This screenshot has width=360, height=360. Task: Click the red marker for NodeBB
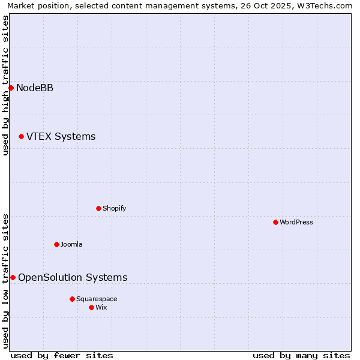[11, 88]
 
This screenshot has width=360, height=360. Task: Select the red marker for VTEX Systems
[21, 136]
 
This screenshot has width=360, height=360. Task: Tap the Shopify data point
[98, 208]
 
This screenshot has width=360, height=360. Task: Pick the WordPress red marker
[275, 222]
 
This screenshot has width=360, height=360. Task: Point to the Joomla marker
[56, 244]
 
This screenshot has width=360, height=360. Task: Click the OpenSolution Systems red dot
[13, 277]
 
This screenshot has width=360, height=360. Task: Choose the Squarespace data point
[72, 299]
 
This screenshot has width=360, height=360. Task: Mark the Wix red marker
[91, 307]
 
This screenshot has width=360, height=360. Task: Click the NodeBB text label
[35, 88]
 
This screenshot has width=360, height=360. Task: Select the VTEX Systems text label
[61, 137]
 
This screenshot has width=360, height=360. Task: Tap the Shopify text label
[114, 209]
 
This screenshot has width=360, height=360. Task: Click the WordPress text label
[296, 223]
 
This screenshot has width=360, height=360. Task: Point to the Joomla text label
[71, 245]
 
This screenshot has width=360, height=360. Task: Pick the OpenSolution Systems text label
[73, 278]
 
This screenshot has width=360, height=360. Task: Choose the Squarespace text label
[97, 299]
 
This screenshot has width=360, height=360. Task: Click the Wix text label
[101, 308]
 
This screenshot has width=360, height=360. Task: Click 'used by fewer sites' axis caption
[62, 355]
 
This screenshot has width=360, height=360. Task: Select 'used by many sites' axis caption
[301, 355]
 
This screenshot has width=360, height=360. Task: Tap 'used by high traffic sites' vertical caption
[6, 85]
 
